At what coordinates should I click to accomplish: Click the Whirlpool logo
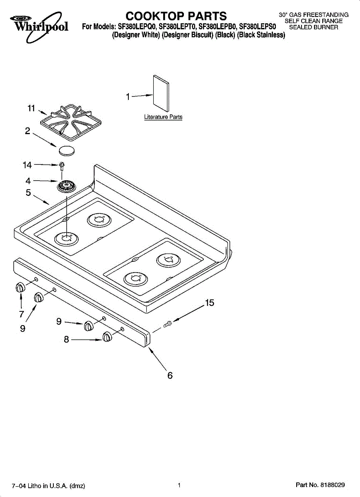[x=39, y=27]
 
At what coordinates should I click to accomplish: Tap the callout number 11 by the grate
[x=31, y=108]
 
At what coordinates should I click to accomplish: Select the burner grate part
[x=71, y=123]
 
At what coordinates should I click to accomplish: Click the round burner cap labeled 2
[x=67, y=151]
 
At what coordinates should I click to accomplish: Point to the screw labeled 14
[x=62, y=166]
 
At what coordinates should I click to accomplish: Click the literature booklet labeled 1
[x=161, y=93]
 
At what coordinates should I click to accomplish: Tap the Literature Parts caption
[x=163, y=117]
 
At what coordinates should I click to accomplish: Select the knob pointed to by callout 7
[x=20, y=288]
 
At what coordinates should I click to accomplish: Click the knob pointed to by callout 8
[x=107, y=337]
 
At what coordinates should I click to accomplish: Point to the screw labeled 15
[x=167, y=324]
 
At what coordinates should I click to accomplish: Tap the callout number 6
[x=170, y=376]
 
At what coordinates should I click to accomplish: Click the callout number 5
[x=28, y=193]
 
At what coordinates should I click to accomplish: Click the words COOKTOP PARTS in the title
[x=176, y=16]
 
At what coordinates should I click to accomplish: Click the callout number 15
[x=210, y=303]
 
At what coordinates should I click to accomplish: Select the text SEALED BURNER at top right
[x=314, y=27]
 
